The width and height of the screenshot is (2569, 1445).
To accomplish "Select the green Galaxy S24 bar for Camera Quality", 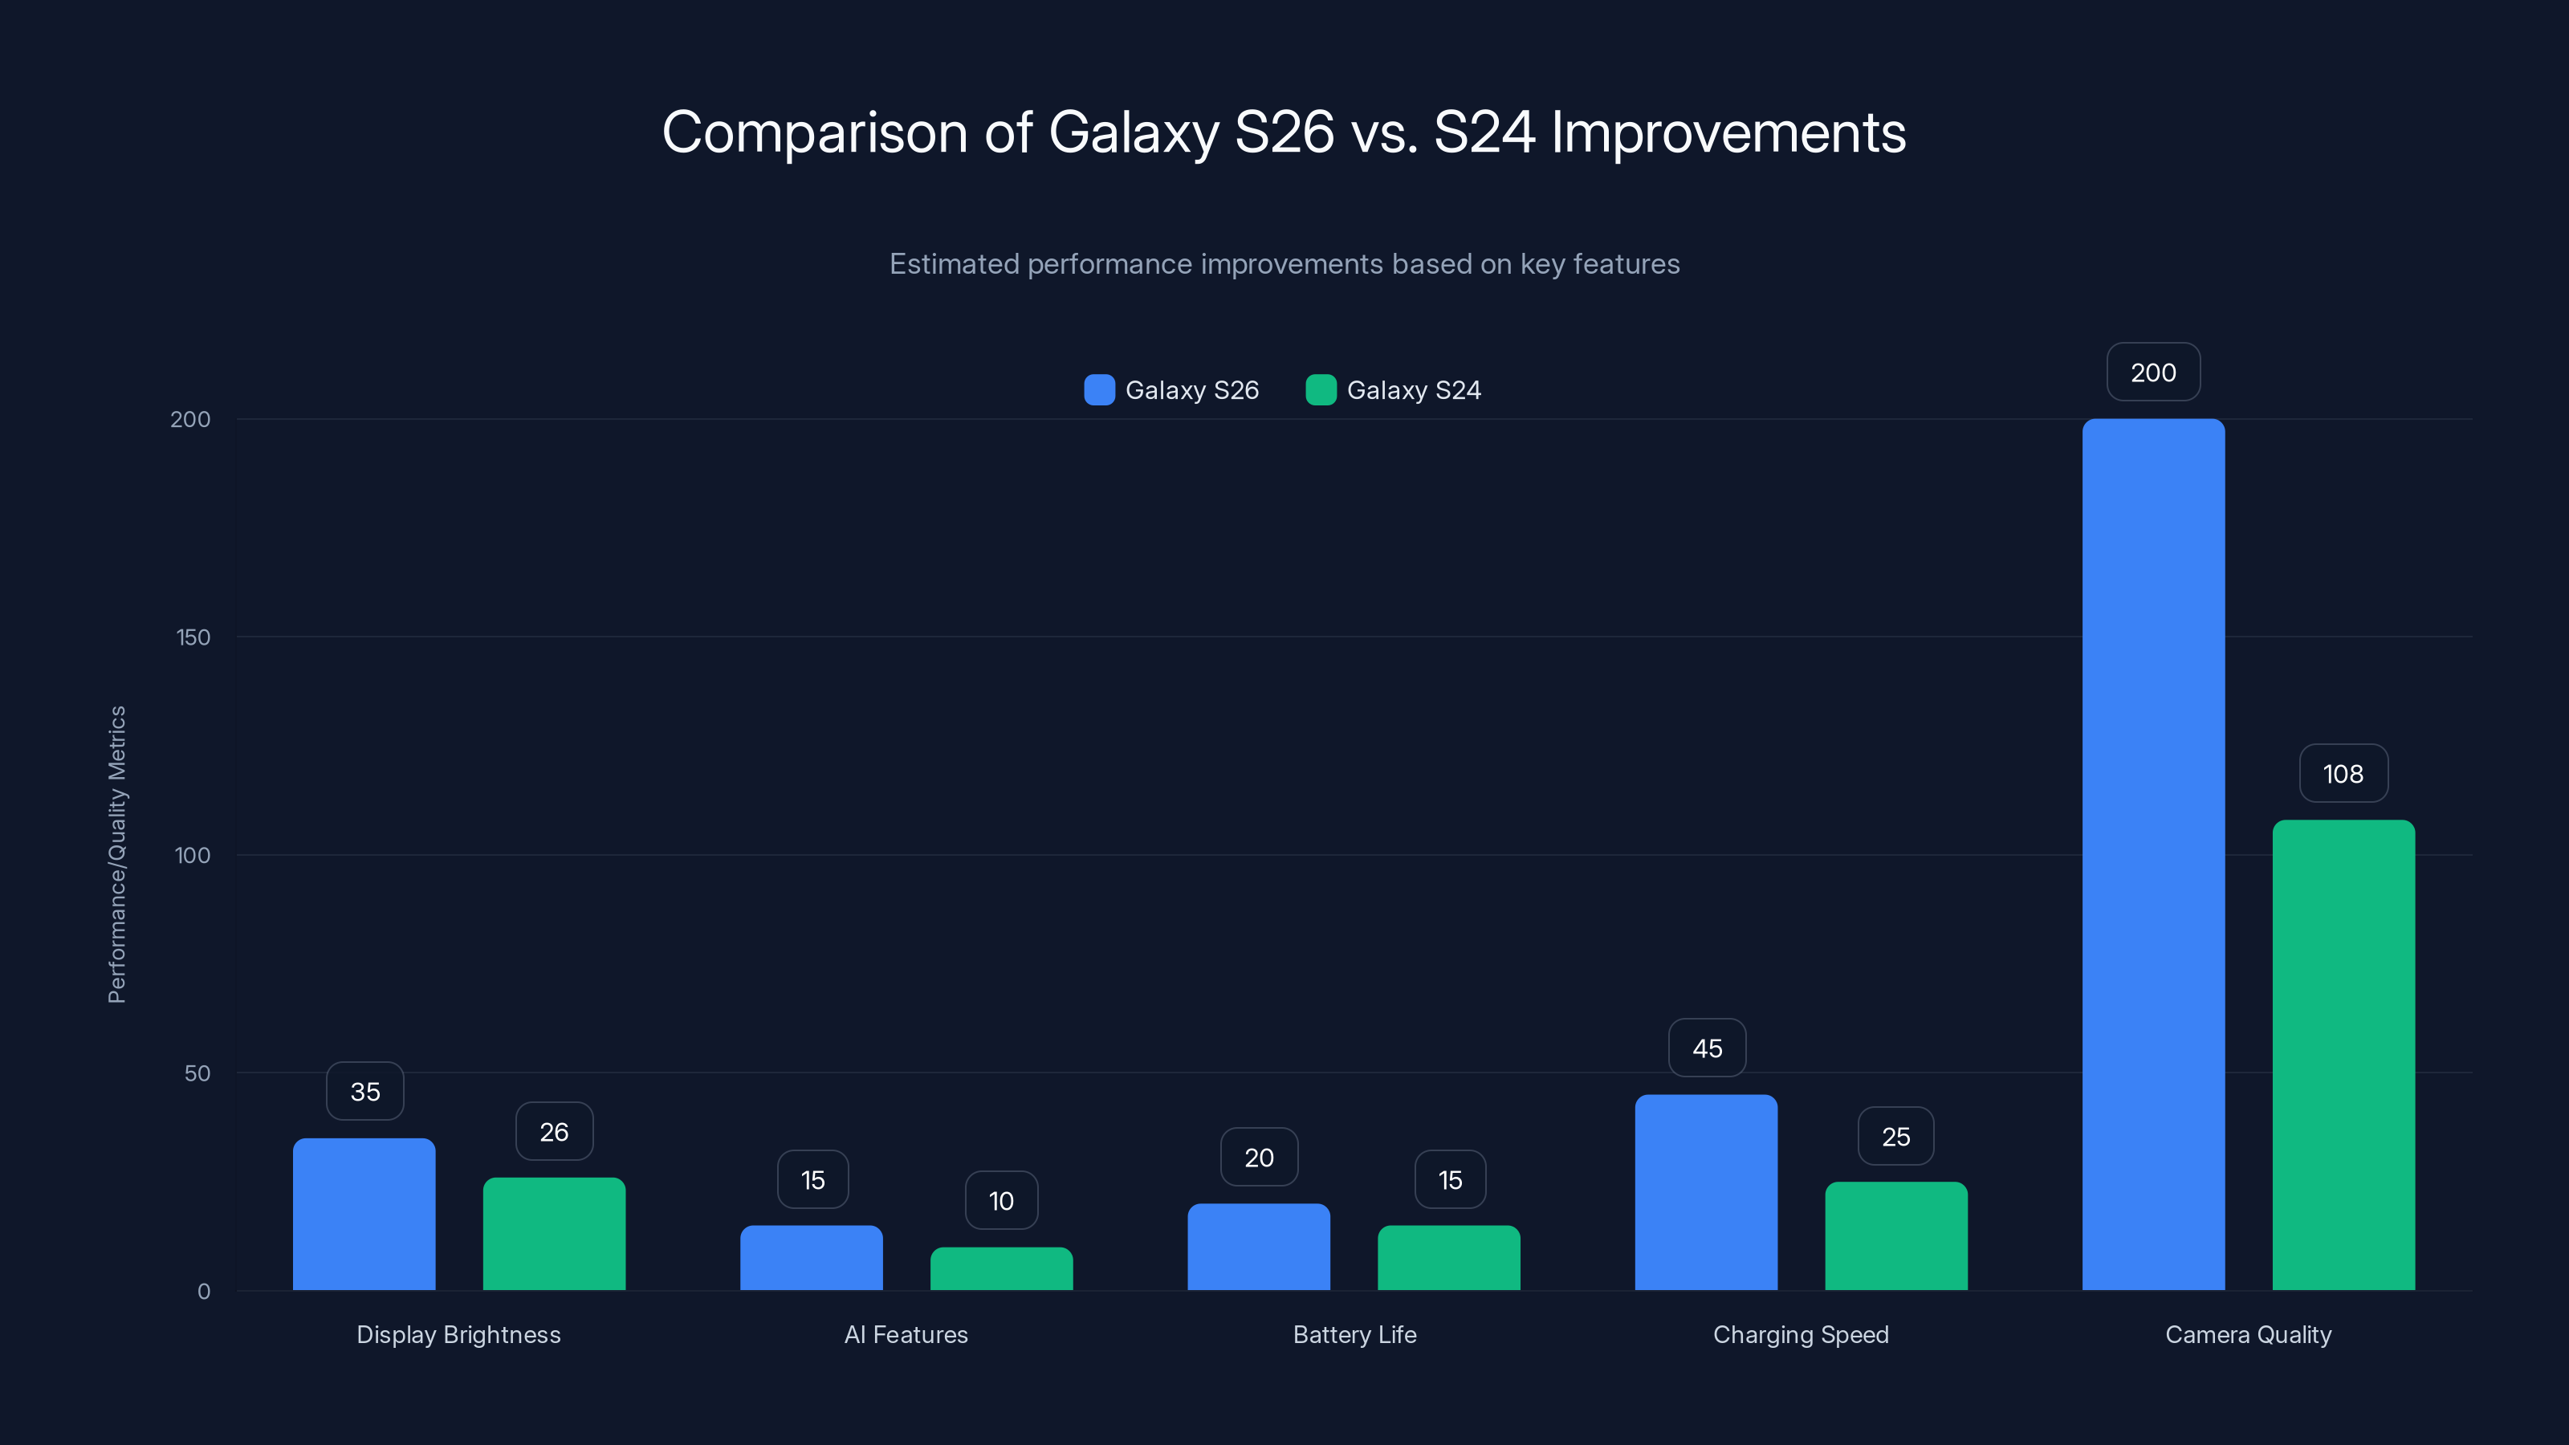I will click(x=2343, y=1054).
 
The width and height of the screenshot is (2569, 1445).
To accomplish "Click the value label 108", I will click(x=2343, y=774).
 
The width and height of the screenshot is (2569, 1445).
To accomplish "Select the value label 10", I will click(x=1001, y=1201).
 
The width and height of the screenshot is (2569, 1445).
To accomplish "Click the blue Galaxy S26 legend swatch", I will click(x=1099, y=390).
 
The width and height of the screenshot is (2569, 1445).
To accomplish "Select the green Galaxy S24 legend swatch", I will click(x=1321, y=390).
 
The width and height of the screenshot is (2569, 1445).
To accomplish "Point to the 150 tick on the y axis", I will click(x=193, y=637).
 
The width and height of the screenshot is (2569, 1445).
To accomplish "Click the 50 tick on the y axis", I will click(x=197, y=1073).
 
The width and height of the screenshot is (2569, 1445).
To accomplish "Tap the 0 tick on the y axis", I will click(x=203, y=1292).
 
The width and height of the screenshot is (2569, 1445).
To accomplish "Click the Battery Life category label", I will click(x=1354, y=1334).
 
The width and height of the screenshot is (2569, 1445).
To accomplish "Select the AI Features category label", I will click(x=906, y=1334).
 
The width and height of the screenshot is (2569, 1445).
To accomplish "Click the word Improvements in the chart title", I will click(x=1728, y=132).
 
